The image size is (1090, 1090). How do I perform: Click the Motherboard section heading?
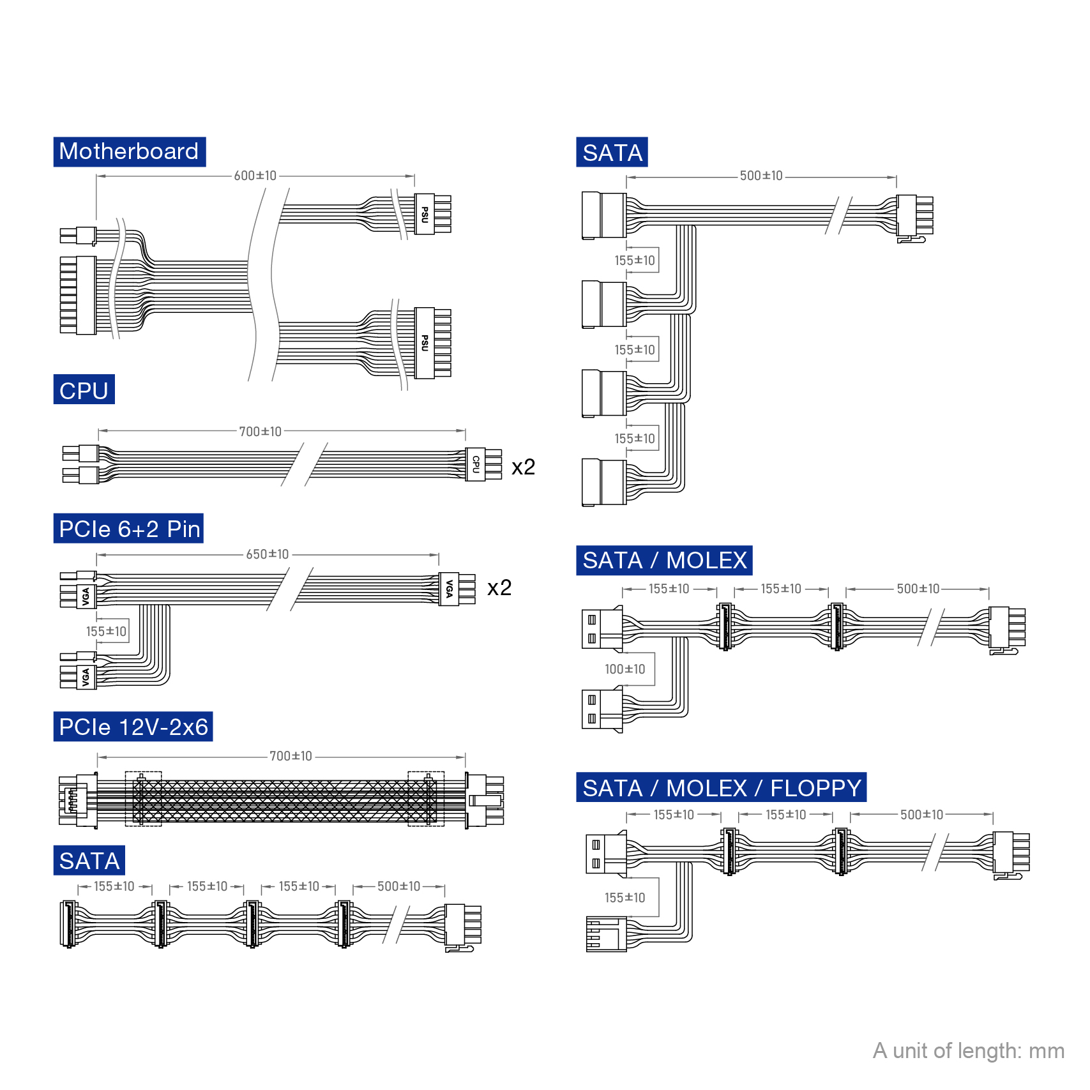point(129,152)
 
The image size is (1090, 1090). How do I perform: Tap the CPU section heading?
point(84,390)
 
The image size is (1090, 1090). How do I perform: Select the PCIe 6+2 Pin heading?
point(129,529)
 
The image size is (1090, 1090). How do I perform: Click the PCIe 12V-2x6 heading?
point(133,727)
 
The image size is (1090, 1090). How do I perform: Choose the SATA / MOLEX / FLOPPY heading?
point(722,788)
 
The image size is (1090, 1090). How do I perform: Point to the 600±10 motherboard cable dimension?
point(255,176)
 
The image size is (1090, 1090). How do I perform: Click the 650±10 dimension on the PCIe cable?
point(268,554)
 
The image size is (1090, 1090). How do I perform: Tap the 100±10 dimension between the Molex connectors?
point(624,669)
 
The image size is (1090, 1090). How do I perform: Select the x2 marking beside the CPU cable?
point(523,467)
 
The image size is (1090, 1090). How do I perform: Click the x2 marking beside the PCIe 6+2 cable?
point(499,587)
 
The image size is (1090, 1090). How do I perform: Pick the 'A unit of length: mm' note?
point(968,1050)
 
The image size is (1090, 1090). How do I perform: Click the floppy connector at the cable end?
point(606,935)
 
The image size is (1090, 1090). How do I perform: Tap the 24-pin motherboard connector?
point(78,295)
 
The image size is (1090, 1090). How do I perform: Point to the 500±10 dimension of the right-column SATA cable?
point(761,176)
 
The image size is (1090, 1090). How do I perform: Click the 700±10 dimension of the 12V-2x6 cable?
point(291,756)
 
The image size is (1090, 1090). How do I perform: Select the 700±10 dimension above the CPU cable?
point(260,432)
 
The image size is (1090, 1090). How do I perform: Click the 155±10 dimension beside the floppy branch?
point(624,898)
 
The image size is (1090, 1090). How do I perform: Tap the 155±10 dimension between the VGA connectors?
point(106,632)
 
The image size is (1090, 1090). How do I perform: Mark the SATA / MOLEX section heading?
point(664,561)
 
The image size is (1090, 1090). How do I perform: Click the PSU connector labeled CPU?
point(476,464)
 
